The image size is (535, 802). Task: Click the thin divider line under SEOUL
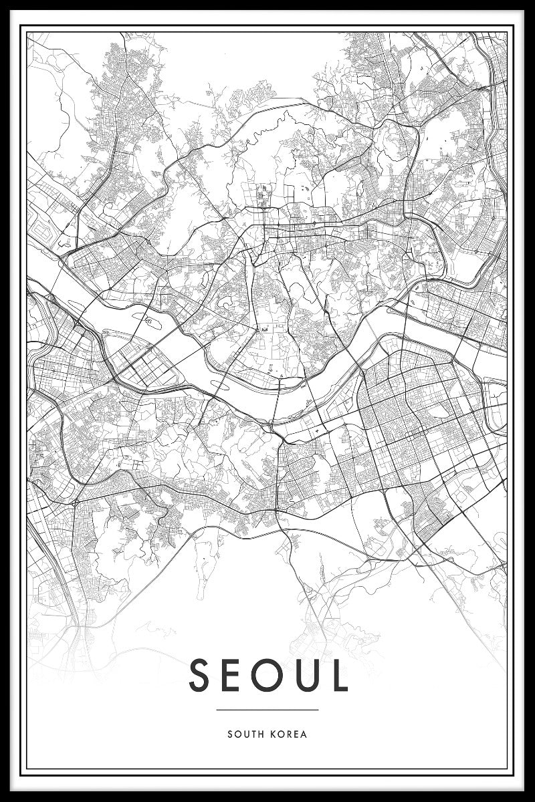(267, 710)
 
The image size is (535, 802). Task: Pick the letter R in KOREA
(289, 734)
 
